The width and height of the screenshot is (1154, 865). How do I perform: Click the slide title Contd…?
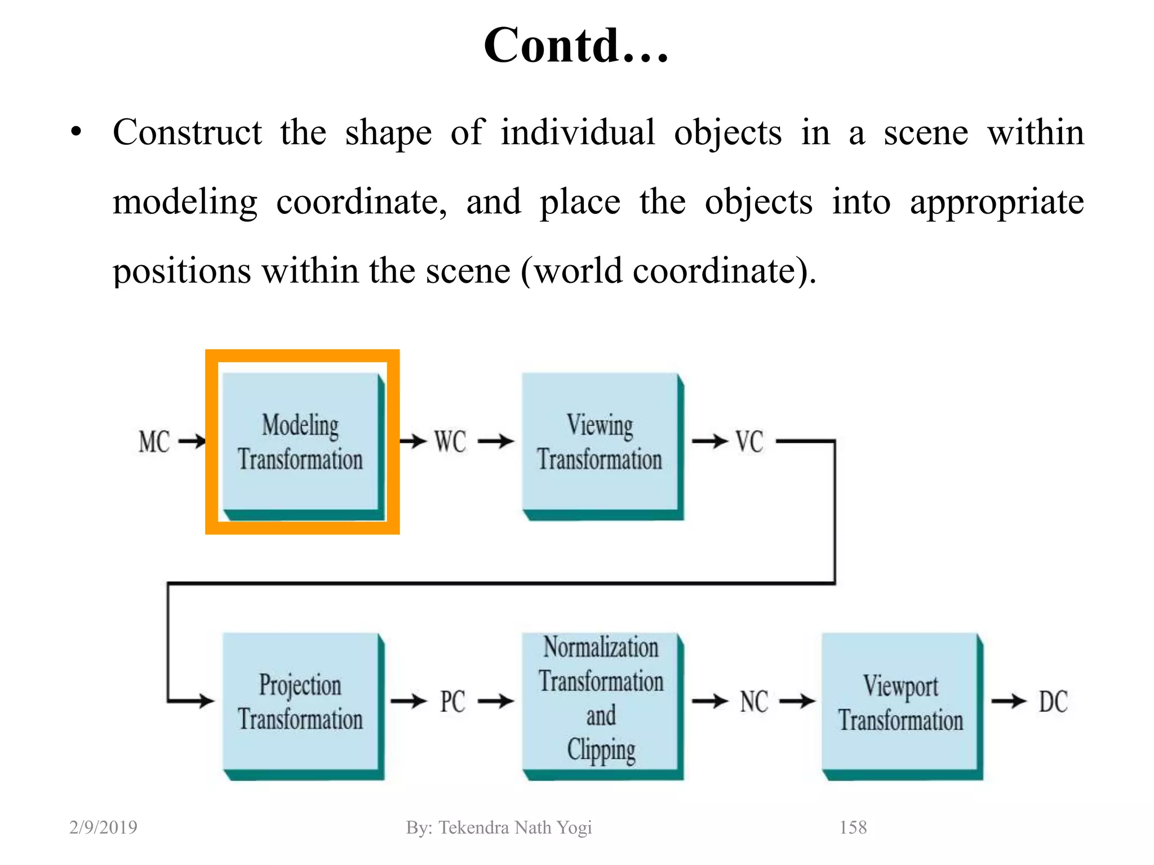576,46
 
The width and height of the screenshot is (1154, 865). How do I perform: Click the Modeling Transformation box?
300,442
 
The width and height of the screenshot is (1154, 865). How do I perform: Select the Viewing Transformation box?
600,442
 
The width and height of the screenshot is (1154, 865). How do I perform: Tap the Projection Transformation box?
300,702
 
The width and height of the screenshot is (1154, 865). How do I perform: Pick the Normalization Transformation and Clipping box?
601,702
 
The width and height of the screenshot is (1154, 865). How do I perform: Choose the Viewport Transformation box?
900,703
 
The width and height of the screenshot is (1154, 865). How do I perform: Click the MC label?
154,442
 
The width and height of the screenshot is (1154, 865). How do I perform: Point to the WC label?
450,442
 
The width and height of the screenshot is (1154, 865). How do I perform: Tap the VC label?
749,442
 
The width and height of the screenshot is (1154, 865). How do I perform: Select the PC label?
452,702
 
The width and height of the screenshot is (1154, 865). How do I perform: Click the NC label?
754,702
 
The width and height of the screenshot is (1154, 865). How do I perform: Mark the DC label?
1053,702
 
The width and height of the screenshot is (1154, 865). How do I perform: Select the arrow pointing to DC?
1009,701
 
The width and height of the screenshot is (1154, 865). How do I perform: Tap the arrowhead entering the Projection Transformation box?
206,701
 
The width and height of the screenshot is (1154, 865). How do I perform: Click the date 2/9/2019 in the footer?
103,827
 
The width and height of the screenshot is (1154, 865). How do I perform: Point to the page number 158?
853,827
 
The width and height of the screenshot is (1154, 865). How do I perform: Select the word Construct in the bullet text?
187,133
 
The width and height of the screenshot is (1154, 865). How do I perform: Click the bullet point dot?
76,133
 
